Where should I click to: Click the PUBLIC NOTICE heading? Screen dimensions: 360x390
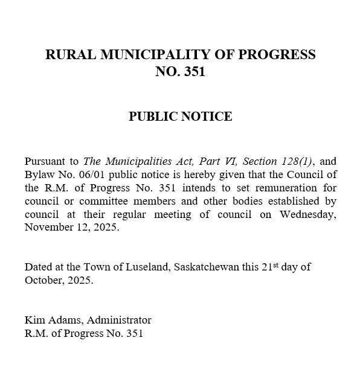180,117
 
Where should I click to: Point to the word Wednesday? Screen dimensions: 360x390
309,214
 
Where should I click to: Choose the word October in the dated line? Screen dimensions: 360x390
44,280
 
